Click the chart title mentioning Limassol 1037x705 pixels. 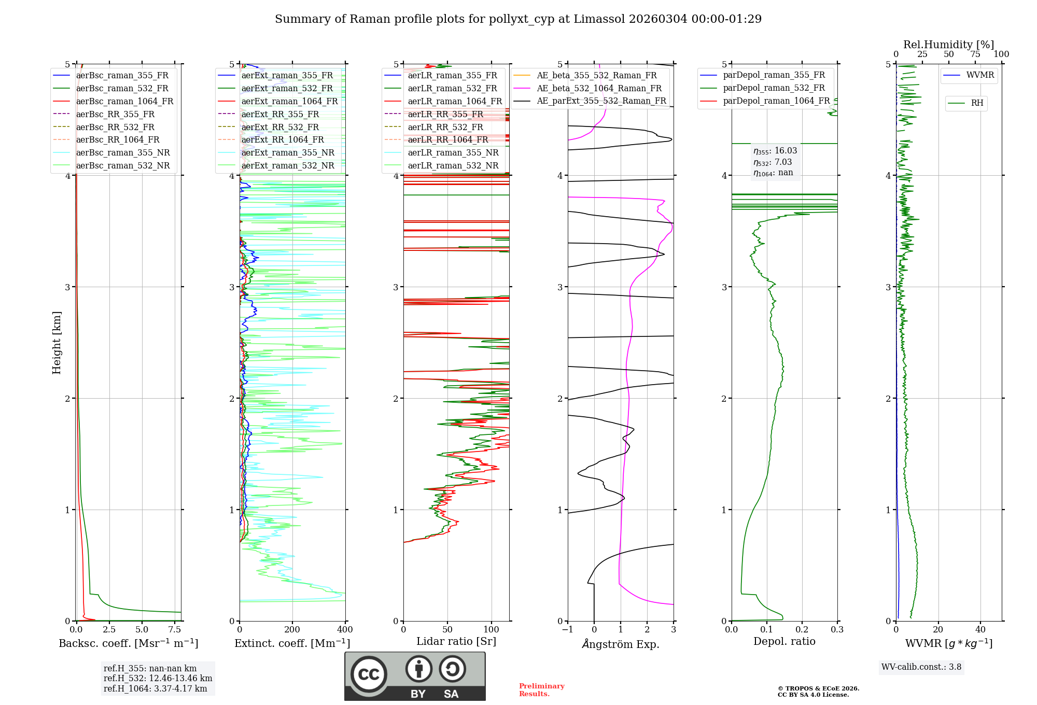point(518,19)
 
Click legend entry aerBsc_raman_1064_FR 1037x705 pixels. point(124,101)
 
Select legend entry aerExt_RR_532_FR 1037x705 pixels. point(280,127)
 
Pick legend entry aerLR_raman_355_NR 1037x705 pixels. point(453,152)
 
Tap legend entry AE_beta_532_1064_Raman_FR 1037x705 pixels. point(599,88)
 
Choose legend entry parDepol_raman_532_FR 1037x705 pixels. point(774,88)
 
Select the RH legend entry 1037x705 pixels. point(977,103)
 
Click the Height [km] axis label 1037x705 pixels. point(57,342)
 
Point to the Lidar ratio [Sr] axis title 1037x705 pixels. point(456,641)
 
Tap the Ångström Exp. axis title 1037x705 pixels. point(621,644)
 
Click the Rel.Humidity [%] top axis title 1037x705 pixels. point(948,45)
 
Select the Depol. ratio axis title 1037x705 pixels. point(784,641)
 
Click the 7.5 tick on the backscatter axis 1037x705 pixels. point(175,630)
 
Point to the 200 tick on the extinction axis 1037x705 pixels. point(292,630)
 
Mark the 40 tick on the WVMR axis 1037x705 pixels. point(980,630)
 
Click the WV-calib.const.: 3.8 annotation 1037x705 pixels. point(921,667)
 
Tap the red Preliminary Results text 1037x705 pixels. point(541,690)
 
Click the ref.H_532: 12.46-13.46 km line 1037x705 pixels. point(158,679)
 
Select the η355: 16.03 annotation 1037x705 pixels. point(775,151)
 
